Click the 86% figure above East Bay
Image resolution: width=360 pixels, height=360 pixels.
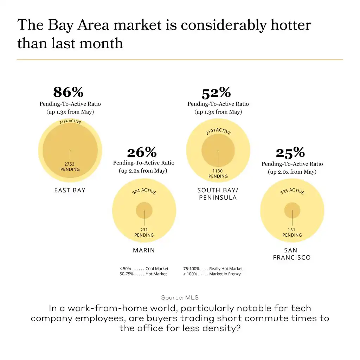click(69, 92)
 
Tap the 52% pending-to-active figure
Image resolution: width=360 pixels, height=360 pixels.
click(216, 93)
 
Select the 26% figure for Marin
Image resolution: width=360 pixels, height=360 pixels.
click(142, 152)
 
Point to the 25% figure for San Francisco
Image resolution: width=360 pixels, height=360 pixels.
click(290, 153)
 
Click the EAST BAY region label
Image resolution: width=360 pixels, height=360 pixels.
click(70, 190)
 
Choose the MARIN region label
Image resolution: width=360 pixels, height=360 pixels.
click(144, 250)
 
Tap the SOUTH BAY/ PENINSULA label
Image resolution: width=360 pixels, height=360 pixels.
click(218, 194)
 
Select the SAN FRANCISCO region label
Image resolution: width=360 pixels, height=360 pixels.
click(292, 254)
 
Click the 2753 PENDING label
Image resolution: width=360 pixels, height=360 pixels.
click(70, 167)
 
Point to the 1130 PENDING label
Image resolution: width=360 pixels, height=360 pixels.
click(218, 174)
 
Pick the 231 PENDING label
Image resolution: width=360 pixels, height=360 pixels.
click(144, 232)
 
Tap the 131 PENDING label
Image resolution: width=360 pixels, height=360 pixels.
click(292, 232)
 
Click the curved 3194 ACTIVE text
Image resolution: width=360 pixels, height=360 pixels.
click(70, 122)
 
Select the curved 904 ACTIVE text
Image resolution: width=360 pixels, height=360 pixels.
click(144, 191)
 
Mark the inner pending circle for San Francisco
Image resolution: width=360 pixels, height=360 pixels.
click(292, 210)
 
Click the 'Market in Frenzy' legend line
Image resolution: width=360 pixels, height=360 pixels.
click(212, 274)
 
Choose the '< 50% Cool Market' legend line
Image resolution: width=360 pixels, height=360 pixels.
click(144, 269)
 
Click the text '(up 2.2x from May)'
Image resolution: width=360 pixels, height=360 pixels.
click(143, 171)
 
